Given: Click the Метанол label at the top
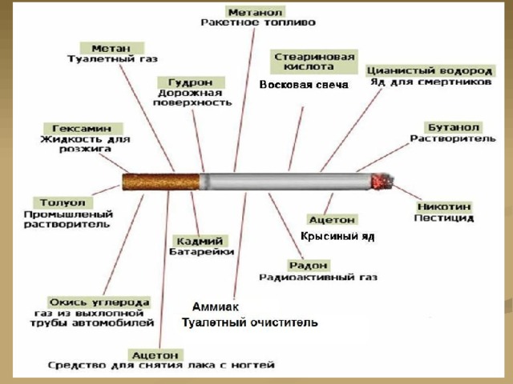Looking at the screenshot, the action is point(255,12).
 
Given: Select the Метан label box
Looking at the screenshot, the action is point(112,48).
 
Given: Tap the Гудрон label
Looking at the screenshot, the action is point(191,82).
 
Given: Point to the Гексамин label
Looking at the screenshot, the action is point(83,128).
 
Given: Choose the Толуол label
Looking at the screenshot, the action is point(63,202).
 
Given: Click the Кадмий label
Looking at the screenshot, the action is point(200,241).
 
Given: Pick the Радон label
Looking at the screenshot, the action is point(309,265).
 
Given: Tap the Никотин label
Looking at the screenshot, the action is point(444,206).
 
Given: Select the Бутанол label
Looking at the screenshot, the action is point(453,127).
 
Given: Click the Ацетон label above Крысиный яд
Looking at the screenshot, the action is point(332,219).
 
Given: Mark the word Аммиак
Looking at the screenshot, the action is point(216,306).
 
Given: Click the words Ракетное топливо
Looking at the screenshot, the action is point(258,22).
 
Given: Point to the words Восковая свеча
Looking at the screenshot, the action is point(304,85).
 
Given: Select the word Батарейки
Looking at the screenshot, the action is point(201,251).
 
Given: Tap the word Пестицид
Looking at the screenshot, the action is point(444,218).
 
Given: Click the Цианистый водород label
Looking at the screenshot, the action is point(430,70).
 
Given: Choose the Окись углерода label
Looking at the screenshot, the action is point(99,302).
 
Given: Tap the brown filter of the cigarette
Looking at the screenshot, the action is point(161,182).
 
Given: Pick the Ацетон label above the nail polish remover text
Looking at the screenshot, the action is point(155,355).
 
